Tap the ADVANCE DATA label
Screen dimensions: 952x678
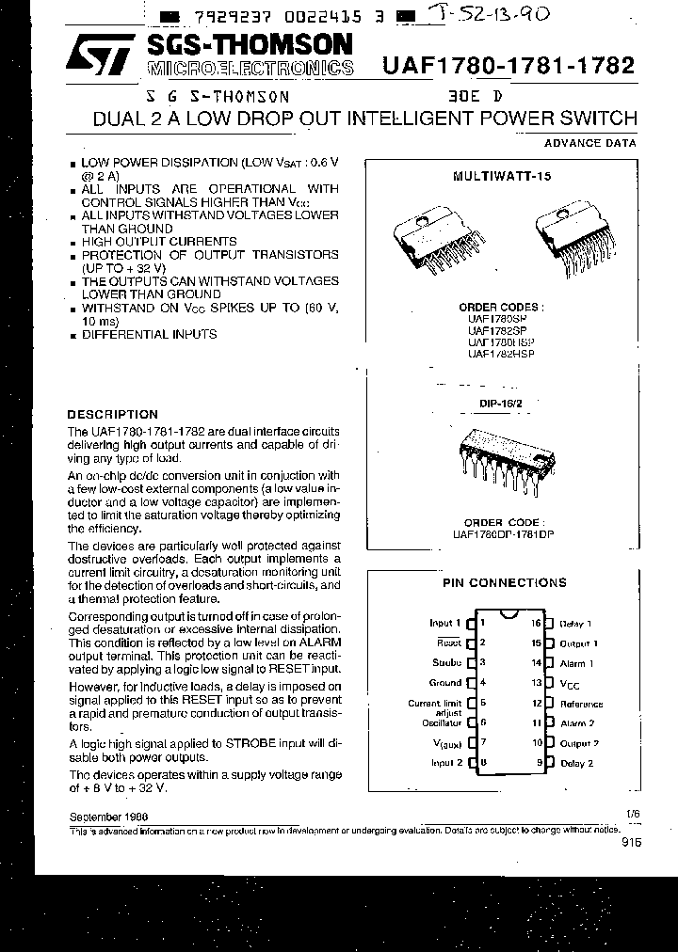click(x=590, y=143)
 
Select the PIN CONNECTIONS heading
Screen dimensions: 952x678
click(x=505, y=582)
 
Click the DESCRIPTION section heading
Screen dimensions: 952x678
click(x=113, y=414)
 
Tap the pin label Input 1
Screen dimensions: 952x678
click(x=444, y=623)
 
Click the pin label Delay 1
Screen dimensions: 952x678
click(x=574, y=624)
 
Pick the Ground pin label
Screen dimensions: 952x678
click(x=445, y=683)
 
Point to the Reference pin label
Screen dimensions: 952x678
click(x=581, y=704)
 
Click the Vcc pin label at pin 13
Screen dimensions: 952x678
click(x=570, y=684)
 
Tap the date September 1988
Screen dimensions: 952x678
click(x=107, y=817)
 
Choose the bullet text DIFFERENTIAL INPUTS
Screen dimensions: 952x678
click(x=149, y=334)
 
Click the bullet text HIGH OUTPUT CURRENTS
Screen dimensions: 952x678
click(x=159, y=241)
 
